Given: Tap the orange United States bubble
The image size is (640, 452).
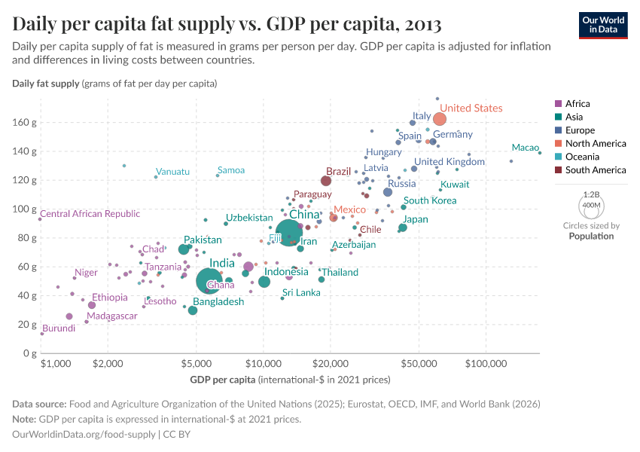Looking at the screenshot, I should click(x=440, y=119).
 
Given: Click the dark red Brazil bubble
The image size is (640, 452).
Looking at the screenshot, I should click(x=326, y=181).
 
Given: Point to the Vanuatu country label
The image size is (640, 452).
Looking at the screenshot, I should click(x=172, y=172).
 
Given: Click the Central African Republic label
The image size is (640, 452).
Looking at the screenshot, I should click(x=90, y=214).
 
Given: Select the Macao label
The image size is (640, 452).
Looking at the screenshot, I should click(x=525, y=148).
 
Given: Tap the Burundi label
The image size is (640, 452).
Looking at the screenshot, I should click(x=58, y=328).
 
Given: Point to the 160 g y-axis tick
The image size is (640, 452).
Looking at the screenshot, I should click(x=24, y=122).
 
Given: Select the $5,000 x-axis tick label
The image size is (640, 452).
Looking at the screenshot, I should click(x=197, y=365).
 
